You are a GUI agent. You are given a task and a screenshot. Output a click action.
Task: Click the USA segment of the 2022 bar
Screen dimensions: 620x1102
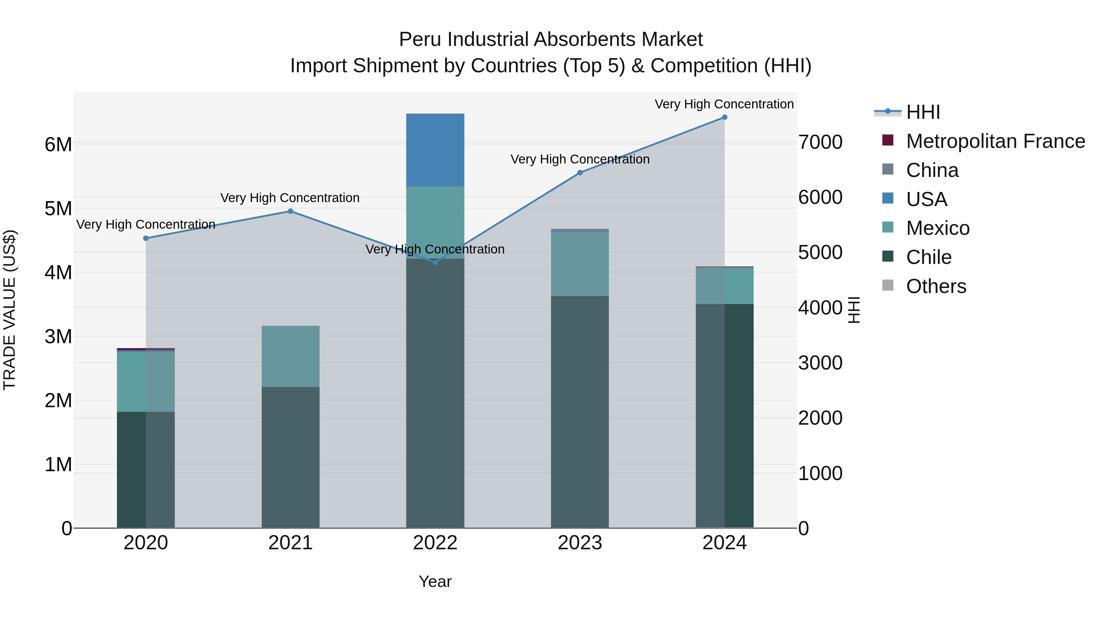pyautogui.click(x=435, y=150)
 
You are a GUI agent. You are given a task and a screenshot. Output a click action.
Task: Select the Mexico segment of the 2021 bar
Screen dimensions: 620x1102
pyautogui.click(x=290, y=356)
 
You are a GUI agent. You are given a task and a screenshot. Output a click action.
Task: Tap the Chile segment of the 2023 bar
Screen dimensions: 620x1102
pyautogui.click(x=580, y=411)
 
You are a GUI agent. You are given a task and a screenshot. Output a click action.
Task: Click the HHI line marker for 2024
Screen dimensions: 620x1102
pyautogui.click(x=724, y=117)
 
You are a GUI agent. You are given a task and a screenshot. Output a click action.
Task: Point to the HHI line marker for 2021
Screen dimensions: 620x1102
pyautogui.click(x=290, y=211)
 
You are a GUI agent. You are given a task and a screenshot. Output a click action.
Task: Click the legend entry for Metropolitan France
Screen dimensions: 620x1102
pyautogui.click(x=995, y=141)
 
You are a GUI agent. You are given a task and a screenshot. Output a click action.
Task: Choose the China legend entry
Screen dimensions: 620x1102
pyautogui.click(x=932, y=170)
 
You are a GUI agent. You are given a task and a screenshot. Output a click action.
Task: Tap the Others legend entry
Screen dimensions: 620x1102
pyautogui.click(x=935, y=286)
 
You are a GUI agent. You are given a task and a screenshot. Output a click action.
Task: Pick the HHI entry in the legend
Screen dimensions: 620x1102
pyautogui.click(x=923, y=112)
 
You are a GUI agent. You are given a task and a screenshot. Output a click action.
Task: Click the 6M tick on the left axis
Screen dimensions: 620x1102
pyautogui.click(x=58, y=145)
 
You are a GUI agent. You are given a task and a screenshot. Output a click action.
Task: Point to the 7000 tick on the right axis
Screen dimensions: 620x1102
pyautogui.click(x=820, y=142)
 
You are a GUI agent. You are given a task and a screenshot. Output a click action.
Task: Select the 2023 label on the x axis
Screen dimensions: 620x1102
pyautogui.click(x=580, y=543)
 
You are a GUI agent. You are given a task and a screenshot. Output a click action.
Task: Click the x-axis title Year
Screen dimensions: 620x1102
pyautogui.click(x=435, y=581)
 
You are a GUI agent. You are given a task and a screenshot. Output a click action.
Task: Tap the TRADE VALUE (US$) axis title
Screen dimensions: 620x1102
pyautogui.click(x=9, y=310)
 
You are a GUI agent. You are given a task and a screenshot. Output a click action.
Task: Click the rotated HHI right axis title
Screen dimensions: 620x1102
pyautogui.click(x=854, y=310)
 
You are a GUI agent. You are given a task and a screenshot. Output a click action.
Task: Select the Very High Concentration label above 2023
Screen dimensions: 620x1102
pyautogui.click(x=580, y=159)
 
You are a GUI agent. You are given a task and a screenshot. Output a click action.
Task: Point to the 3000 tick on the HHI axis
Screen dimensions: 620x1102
pyautogui.click(x=820, y=363)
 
